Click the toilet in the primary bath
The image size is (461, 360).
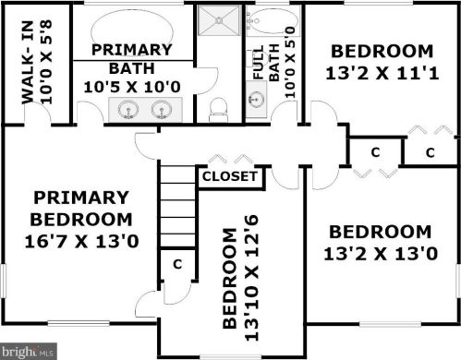coord(218,110)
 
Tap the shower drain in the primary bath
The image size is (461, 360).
coord(219,20)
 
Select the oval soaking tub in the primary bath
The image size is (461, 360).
coord(132,30)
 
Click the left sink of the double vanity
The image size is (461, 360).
coord(127,110)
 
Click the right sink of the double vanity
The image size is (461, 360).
coord(161,110)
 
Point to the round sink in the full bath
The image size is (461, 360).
coord(256,99)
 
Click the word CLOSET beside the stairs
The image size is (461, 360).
coord(230,176)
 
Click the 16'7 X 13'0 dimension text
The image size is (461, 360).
coord(81,242)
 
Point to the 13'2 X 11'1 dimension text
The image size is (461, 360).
coord(382,74)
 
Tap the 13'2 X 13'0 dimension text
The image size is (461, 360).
coord(381,254)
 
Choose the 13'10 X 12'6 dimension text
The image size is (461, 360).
coord(251,278)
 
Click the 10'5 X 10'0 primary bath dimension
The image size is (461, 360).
coord(132,87)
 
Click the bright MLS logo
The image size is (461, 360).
coord(29,351)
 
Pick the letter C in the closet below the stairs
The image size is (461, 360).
coord(177,264)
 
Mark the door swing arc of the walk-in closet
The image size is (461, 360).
coord(40,109)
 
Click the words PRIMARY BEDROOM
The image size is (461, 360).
coord(81,209)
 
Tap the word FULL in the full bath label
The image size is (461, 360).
coord(258,63)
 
